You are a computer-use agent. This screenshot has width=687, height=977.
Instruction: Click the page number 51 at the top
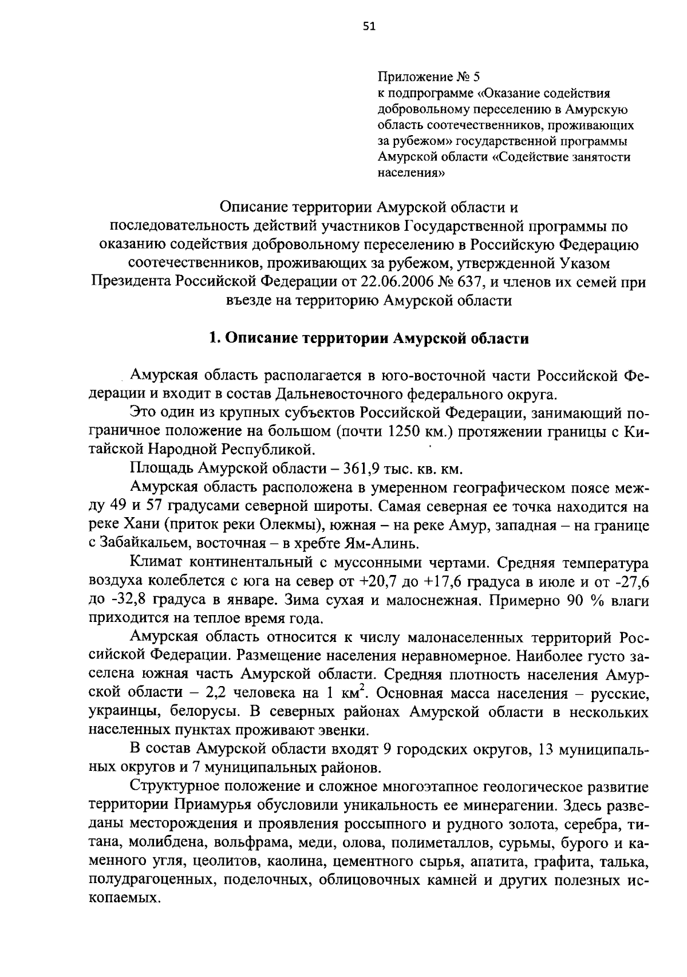point(369,26)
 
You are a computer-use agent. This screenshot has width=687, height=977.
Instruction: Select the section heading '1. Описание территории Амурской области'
point(369,338)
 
